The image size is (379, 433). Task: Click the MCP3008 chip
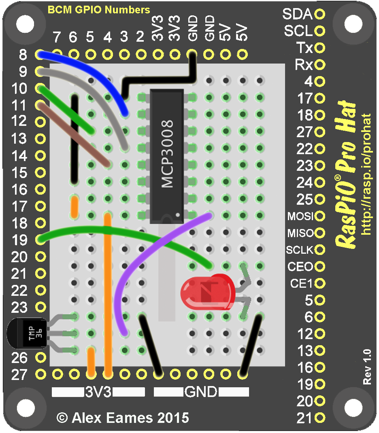(167, 156)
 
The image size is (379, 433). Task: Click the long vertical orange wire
(107, 291)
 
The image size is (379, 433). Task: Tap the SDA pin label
(297, 15)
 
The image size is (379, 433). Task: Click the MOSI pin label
(300, 216)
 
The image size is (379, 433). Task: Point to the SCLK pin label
(300, 250)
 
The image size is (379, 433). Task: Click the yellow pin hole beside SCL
(320, 31)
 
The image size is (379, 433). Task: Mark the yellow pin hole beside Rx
(320, 64)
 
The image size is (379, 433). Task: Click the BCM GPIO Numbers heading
(99, 10)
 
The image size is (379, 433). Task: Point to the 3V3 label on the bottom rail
(98, 392)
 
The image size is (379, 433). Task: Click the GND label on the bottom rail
(201, 392)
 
